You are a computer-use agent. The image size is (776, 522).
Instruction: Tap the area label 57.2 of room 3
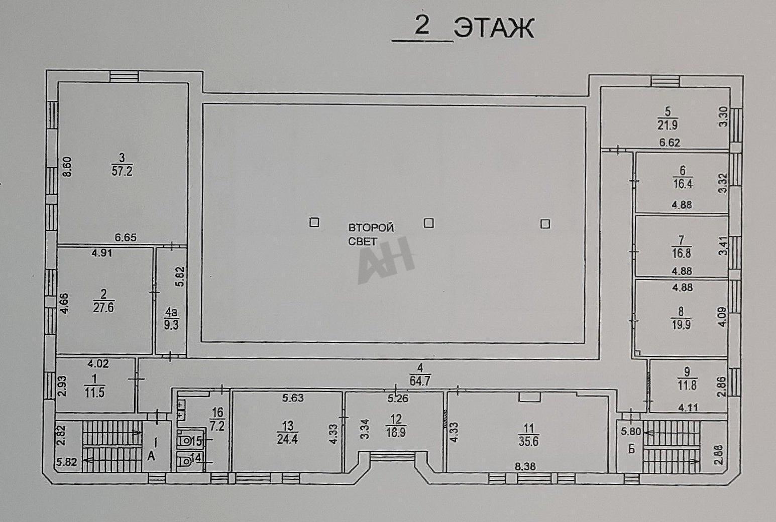pyautogui.click(x=122, y=171)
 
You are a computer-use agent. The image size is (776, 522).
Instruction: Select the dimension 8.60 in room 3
pyautogui.click(x=67, y=167)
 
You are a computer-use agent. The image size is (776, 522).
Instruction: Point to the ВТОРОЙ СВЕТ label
pyautogui.click(x=371, y=235)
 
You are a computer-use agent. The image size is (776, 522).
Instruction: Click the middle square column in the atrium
pyautogui.click(x=429, y=223)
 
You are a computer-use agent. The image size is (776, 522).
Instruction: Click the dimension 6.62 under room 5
pyautogui.click(x=670, y=143)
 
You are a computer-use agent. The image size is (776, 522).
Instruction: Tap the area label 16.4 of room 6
pyautogui.click(x=683, y=184)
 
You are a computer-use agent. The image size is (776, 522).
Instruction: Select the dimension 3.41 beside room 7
pyautogui.click(x=723, y=246)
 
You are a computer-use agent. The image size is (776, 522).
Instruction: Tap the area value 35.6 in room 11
pyautogui.click(x=529, y=442)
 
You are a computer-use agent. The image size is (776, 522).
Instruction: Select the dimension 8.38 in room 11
pyautogui.click(x=525, y=467)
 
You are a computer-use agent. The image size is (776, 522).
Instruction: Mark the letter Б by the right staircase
pyautogui.click(x=632, y=449)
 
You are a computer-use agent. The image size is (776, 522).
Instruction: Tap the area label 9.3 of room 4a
pyautogui.click(x=171, y=325)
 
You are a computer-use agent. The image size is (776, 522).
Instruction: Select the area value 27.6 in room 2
pyautogui.click(x=103, y=307)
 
